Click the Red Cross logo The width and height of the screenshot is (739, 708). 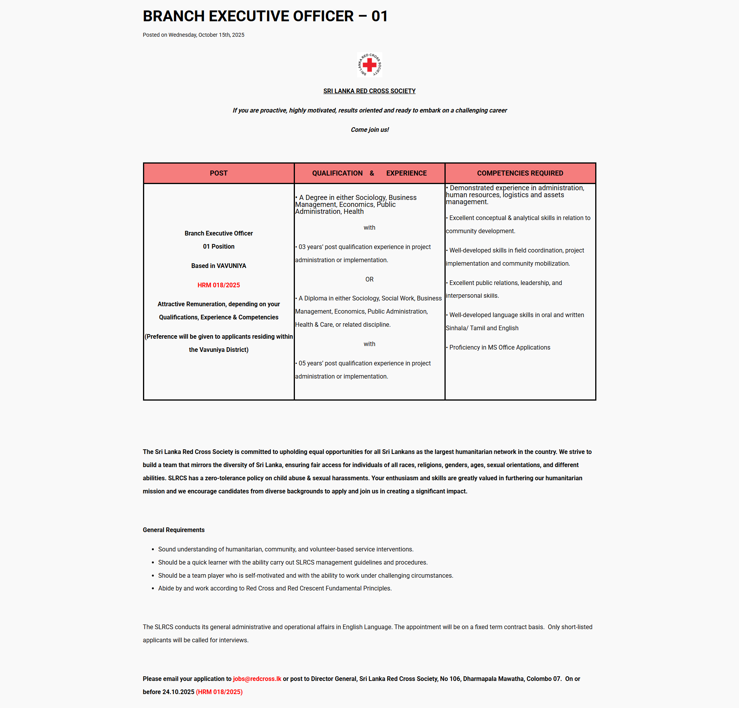click(369, 65)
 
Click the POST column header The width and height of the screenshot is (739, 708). click(218, 173)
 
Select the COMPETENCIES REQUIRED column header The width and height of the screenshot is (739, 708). click(520, 173)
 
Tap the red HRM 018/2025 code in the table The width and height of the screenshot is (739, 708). click(218, 285)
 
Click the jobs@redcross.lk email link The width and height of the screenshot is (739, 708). click(257, 679)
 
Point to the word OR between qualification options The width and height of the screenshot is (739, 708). click(369, 279)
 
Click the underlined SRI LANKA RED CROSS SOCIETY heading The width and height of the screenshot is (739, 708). click(369, 91)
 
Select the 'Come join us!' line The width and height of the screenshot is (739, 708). click(369, 130)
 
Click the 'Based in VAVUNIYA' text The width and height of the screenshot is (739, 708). click(218, 266)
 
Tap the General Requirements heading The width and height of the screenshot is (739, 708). click(174, 530)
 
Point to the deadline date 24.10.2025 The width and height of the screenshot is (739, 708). click(178, 692)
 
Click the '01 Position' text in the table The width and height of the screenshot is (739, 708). click(218, 246)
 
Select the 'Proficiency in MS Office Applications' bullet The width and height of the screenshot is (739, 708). click(499, 347)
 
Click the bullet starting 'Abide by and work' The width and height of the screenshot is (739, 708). click(274, 588)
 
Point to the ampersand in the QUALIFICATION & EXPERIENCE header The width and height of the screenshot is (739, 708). click(372, 173)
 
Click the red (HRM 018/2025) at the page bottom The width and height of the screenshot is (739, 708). click(219, 692)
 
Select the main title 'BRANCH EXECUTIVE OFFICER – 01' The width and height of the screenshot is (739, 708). click(265, 16)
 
